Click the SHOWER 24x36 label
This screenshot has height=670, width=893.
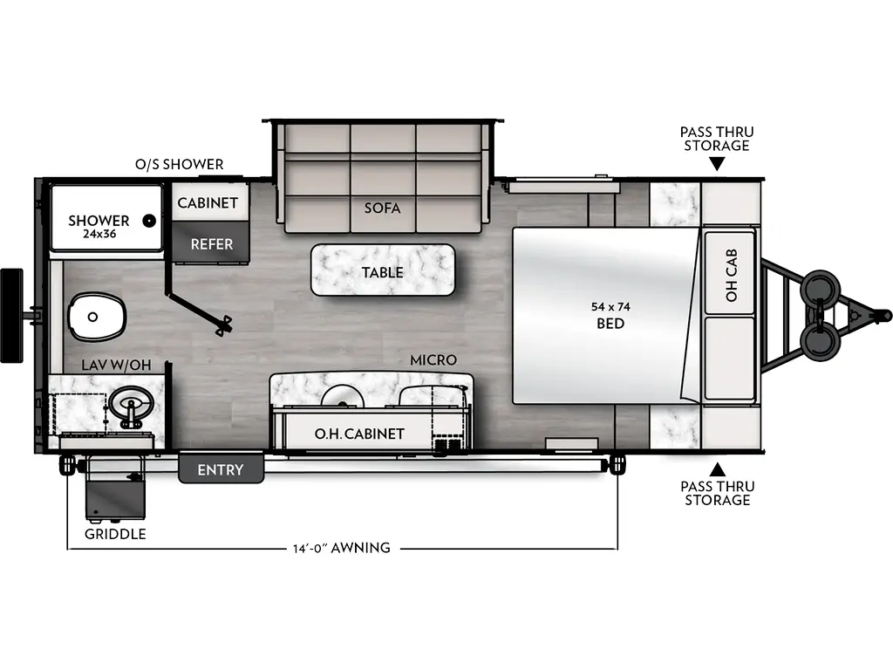pos(99,227)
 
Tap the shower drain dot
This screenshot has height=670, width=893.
pos(150,221)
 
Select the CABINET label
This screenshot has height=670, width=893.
pos(208,203)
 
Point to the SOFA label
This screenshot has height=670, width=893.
pos(383,209)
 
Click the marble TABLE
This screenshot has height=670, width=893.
pos(383,270)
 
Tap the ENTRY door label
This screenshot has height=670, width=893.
pos(220,470)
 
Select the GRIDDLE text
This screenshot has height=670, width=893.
pos(115,534)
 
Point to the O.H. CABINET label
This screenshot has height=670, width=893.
pos(359,434)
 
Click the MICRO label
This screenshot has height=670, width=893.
pos(433,360)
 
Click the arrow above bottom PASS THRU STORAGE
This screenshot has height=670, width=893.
pos(717,469)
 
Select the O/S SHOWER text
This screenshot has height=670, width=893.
pos(179,164)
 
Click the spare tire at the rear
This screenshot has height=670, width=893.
pos(11,315)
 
